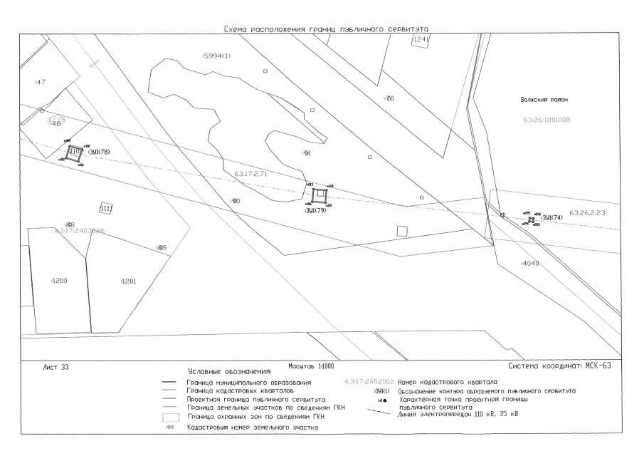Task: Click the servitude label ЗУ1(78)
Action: (97, 152)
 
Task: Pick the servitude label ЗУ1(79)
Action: (315, 211)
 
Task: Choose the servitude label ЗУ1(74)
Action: (552, 218)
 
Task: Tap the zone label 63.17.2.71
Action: (250, 173)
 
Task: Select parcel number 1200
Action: (60, 281)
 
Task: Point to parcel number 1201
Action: (129, 281)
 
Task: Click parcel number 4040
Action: (530, 264)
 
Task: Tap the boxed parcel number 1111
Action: (106, 208)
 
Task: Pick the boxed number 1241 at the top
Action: (421, 40)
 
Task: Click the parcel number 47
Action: (40, 82)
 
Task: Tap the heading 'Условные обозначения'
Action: (230, 372)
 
